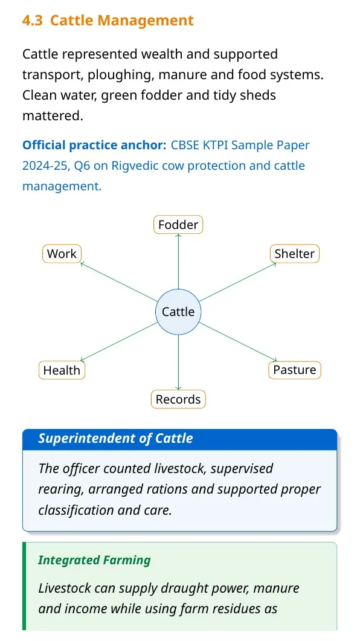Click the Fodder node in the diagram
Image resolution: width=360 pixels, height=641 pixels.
pos(178,224)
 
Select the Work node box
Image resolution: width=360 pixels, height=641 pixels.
pos(62,254)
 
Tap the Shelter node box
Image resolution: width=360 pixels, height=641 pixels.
pos(294,254)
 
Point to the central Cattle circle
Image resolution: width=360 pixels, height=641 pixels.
pos(178,312)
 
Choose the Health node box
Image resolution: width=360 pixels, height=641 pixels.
pos(62,370)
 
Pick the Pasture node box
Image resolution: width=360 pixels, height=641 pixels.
pos(295,370)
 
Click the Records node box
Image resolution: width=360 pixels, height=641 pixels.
pos(178,399)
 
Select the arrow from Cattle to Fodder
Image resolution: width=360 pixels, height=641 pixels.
pos(178,262)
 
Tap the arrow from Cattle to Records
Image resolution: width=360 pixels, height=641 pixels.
pos(178,362)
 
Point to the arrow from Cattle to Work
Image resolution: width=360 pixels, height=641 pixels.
pos(119,282)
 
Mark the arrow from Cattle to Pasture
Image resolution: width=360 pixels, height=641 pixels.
pos(238,341)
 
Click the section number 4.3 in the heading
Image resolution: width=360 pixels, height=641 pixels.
pos(32,21)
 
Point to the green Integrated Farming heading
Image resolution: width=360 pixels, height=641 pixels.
pos(94,559)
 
